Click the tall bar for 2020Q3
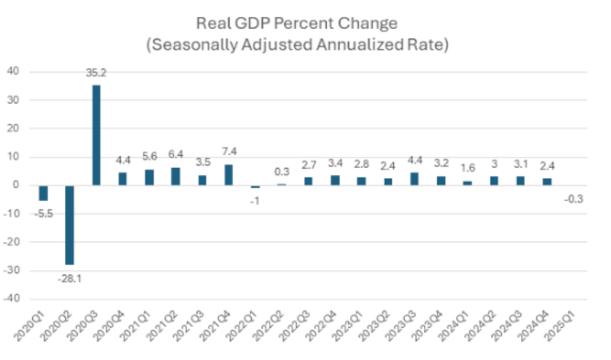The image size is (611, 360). (x=96, y=135)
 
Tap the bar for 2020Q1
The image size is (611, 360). (x=44, y=193)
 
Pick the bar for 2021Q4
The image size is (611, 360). (x=228, y=174)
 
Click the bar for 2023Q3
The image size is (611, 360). (x=414, y=179)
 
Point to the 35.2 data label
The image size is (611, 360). (x=96, y=75)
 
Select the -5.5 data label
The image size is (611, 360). (x=44, y=213)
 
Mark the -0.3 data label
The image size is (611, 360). (x=573, y=199)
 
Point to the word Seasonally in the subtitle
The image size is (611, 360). (x=197, y=44)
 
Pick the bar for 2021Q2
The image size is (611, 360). (x=176, y=176)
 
